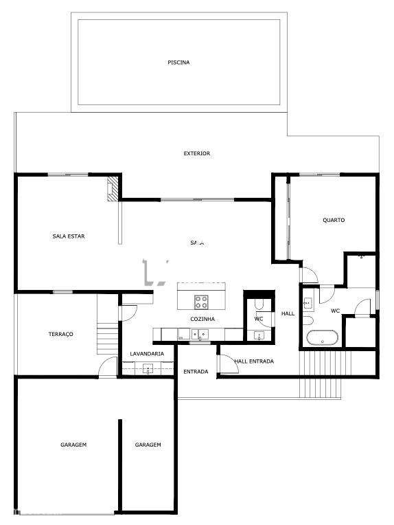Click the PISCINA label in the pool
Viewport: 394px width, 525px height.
click(178, 63)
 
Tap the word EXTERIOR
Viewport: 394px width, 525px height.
click(196, 153)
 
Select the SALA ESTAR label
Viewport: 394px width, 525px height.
click(68, 236)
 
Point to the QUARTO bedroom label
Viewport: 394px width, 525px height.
click(334, 220)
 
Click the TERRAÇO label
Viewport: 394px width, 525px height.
click(60, 334)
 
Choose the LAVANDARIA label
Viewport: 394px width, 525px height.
click(147, 354)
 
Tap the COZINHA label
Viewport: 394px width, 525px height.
click(202, 320)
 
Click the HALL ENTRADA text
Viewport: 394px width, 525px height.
click(254, 361)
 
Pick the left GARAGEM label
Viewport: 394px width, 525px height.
click(73, 445)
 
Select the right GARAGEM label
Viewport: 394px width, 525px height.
click(148, 445)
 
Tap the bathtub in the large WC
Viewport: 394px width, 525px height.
click(321, 338)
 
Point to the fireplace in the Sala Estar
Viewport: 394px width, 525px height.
click(112, 190)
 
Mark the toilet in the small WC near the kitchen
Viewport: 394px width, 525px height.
click(259, 304)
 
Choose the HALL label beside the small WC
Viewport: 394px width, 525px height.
click(288, 313)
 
